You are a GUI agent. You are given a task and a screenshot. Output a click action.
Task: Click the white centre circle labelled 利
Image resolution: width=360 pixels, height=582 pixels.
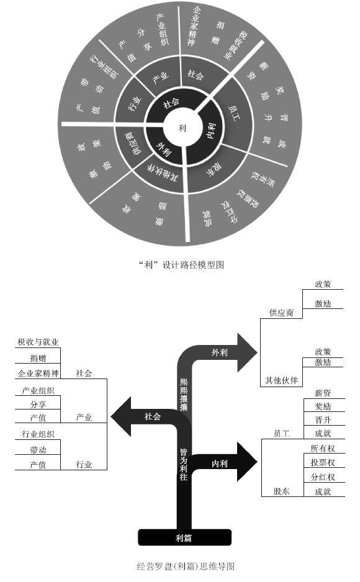click(x=181, y=127)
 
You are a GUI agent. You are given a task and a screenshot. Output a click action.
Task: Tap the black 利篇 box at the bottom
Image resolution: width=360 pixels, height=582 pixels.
click(x=184, y=537)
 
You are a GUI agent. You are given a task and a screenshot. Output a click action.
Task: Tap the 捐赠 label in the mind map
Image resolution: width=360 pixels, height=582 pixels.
click(x=38, y=358)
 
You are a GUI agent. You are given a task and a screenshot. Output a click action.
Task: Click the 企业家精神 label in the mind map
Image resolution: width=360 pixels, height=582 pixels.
click(x=38, y=374)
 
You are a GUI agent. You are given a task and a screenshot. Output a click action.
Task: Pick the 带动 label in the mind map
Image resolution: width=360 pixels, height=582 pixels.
click(x=38, y=449)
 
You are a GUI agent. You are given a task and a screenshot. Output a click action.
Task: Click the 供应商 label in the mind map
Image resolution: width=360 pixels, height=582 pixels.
click(x=281, y=313)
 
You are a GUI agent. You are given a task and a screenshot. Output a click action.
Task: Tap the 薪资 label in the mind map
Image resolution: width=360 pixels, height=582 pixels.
click(x=322, y=393)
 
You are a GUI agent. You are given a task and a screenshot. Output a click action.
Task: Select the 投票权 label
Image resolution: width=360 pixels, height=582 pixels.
click(x=322, y=462)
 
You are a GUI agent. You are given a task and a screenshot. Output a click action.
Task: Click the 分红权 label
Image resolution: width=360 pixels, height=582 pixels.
click(x=322, y=477)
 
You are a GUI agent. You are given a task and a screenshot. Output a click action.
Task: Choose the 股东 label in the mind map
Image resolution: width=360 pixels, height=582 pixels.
click(x=281, y=491)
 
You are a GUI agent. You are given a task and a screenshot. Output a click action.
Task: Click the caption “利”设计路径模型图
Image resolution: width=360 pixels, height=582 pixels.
click(x=181, y=264)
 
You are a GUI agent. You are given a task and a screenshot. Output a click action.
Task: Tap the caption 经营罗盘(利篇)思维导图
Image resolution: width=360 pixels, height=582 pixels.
click(x=185, y=566)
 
